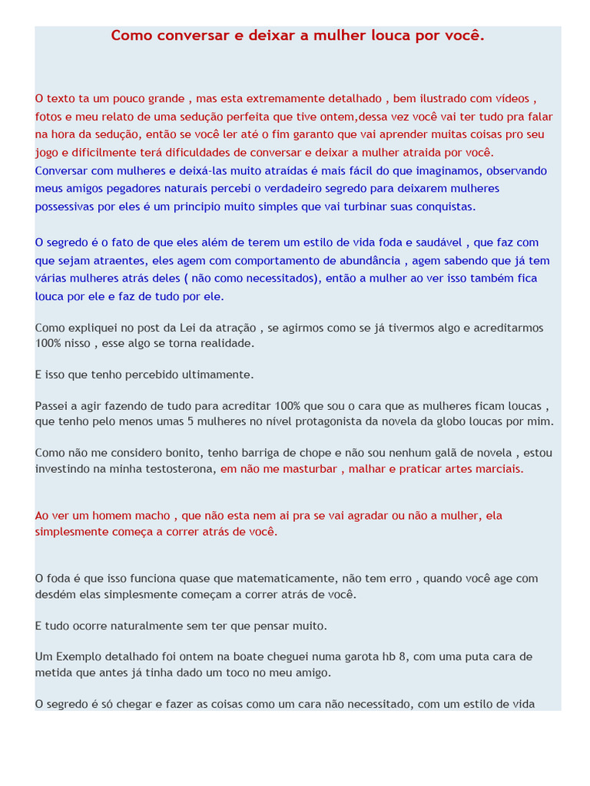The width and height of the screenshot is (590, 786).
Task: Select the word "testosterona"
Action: (177, 469)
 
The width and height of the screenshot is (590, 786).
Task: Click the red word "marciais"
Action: (499, 469)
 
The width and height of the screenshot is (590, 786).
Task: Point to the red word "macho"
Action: (151, 516)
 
